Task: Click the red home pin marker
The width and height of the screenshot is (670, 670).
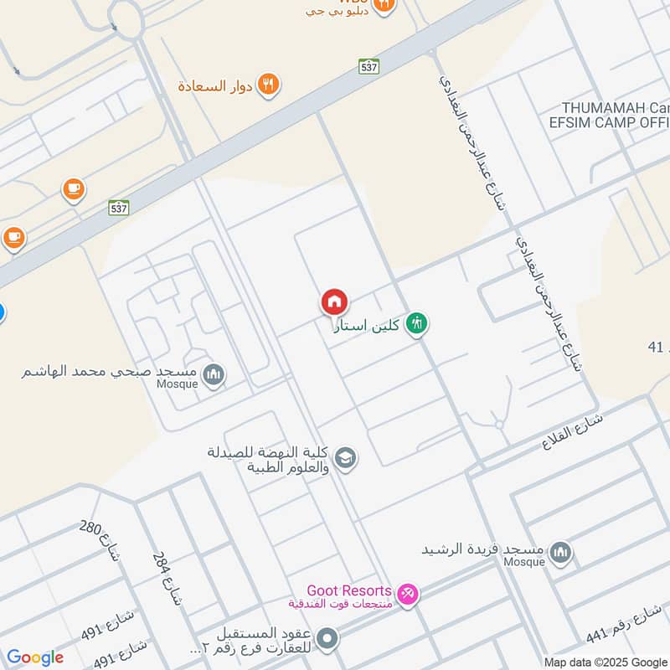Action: pyautogui.click(x=334, y=301)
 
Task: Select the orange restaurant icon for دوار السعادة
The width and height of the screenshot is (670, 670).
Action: pyautogui.click(x=268, y=85)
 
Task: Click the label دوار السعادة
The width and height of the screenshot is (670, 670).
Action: pyautogui.click(x=214, y=85)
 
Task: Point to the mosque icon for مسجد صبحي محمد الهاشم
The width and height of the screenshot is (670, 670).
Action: pyautogui.click(x=214, y=374)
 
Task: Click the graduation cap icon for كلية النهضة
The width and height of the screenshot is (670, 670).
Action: pyautogui.click(x=345, y=458)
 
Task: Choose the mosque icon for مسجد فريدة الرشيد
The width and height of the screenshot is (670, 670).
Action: pyautogui.click(x=560, y=553)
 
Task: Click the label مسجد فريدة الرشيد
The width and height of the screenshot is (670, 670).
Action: pyautogui.click(x=484, y=549)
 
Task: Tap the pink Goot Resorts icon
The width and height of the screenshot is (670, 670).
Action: pyautogui.click(x=408, y=594)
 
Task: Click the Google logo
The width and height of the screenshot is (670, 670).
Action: pyautogui.click(x=34, y=657)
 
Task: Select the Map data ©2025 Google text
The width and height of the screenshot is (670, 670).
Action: pyautogui.click(x=603, y=662)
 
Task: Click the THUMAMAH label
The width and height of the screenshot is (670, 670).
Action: pyautogui.click(x=615, y=108)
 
